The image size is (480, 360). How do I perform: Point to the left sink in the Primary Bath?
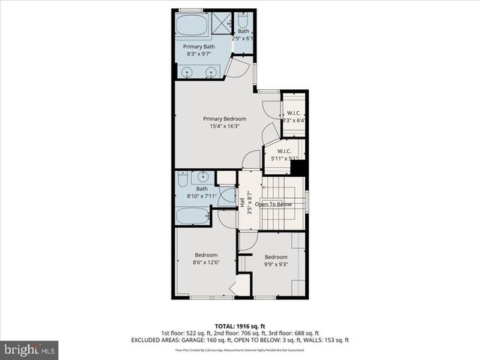tap(187, 72)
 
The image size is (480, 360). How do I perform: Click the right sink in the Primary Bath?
tap(211, 72)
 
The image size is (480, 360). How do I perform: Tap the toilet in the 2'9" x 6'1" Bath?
tap(244, 47)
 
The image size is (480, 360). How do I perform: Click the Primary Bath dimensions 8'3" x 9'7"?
tap(199, 54)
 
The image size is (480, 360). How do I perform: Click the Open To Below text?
tap(274, 203)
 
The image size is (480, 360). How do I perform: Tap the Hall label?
tap(242, 203)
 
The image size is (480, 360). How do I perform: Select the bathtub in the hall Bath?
tap(192, 217)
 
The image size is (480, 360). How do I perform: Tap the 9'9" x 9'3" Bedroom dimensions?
tap(275, 264)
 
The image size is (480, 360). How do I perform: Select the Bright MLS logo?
tap(30, 349)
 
